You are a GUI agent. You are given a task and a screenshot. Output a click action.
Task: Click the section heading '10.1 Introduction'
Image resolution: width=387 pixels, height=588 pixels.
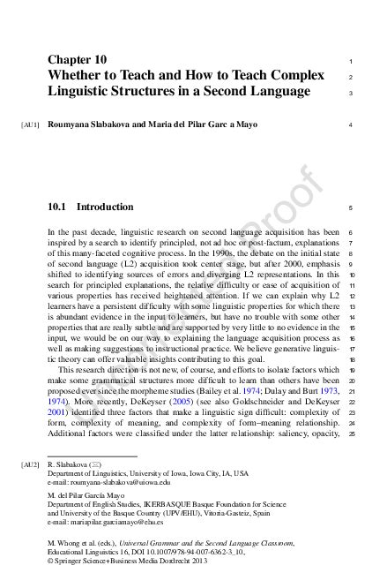pos(90,207)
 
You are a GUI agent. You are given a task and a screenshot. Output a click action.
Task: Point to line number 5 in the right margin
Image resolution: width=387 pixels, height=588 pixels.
pos(351,208)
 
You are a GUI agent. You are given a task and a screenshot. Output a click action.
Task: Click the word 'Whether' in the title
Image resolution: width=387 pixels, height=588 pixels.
pos(78,76)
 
